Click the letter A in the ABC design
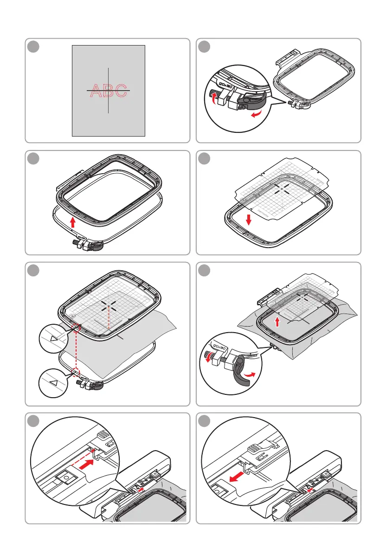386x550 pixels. coord(94,91)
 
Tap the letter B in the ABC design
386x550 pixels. coord(108,91)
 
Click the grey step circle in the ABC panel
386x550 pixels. coord(33,47)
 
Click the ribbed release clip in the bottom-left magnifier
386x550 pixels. coord(103,434)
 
